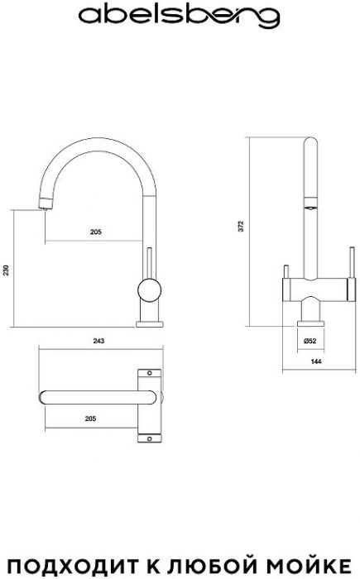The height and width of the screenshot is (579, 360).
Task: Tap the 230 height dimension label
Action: pyautogui.click(x=6, y=270)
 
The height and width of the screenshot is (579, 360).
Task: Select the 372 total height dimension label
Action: pyautogui.click(x=242, y=226)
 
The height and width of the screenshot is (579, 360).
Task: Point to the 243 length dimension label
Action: pyautogui.click(x=98, y=341)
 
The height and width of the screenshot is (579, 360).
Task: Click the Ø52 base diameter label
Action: pyautogui.click(x=310, y=341)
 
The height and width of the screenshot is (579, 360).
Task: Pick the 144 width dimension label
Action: pyautogui.click(x=316, y=361)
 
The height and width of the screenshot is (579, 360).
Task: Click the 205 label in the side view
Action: pyautogui.click(x=96, y=232)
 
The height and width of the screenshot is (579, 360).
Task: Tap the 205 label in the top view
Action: pyautogui.click(x=90, y=419)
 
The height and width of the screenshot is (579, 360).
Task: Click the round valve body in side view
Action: pyautogui.click(x=149, y=290)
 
